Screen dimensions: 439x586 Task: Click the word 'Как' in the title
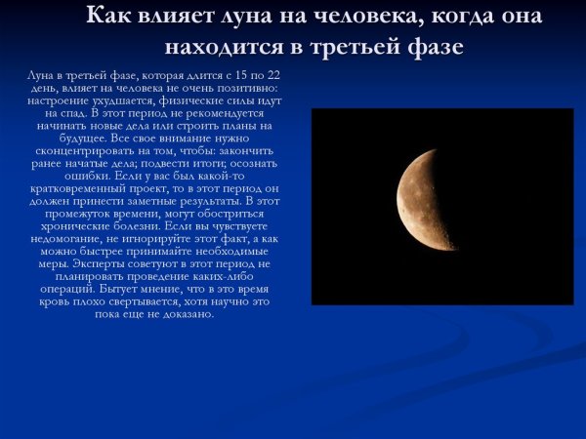pyautogui.click(x=110, y=17)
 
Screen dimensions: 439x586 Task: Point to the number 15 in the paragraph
pyautogui.click(x=235, y=74)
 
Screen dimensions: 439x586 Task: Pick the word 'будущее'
pyautogui.click(x=71, y=138)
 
